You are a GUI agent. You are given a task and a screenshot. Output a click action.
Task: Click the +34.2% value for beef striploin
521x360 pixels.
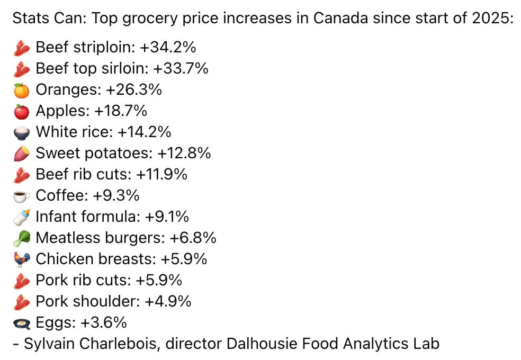168,48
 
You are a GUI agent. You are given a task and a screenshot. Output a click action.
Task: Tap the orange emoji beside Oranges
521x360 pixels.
22,91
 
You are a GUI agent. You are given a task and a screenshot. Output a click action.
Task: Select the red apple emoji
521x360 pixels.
22,112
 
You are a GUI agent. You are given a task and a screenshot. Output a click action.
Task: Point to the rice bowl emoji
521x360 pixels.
22,133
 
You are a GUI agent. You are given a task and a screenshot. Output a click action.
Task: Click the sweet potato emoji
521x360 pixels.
22,154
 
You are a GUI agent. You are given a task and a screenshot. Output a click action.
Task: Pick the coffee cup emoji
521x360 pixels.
22,196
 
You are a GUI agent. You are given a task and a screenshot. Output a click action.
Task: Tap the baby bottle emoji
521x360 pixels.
22,218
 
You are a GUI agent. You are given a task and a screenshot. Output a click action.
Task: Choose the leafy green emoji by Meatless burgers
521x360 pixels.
22,239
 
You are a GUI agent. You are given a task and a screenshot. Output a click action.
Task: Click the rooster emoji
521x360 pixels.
22,260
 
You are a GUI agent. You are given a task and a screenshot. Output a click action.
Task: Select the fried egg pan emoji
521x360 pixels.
22,323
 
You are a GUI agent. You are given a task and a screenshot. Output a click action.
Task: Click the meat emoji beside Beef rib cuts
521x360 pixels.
22,175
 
